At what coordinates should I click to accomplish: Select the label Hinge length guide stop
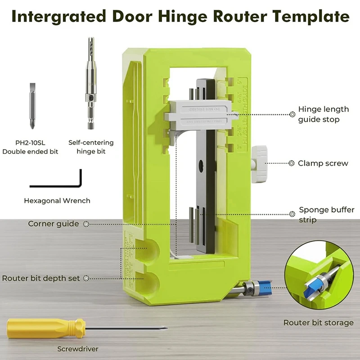[323, 114]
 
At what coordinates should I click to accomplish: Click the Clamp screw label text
[323, 163]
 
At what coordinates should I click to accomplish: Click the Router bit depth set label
[41, 278]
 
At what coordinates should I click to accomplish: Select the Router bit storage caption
[318, 323]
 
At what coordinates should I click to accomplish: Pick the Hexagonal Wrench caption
[57, 201]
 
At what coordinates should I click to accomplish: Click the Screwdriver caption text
[77, 349]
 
